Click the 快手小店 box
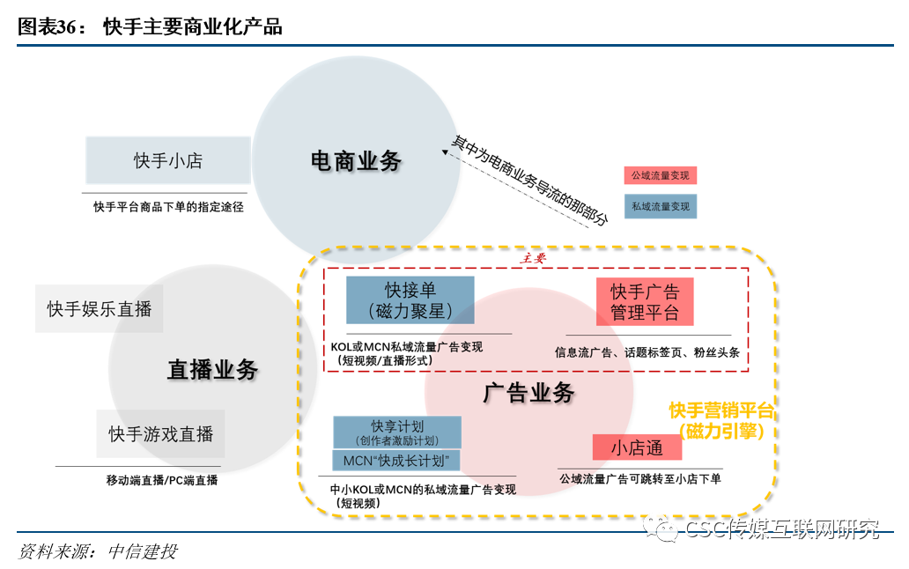pos(167,160)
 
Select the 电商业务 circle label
pos(356,160)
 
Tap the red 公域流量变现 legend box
pos(660,175)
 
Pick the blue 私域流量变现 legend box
pos(660,207)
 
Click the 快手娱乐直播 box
pos(100,308)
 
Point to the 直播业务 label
pos(212,369)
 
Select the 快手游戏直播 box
pos(160,433)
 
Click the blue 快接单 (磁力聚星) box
pos(410,300)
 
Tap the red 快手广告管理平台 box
pos(644,301)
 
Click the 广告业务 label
pos(528,393)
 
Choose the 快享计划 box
pos(397,432)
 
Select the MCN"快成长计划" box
pos(397,461)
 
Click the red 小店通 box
pos(637,447)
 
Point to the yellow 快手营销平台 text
pos(721,410)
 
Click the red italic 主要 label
pos(534,258)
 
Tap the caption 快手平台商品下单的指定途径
pos(168,207)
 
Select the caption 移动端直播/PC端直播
pos(161,480)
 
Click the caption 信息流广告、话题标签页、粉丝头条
pos(647,352)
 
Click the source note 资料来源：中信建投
pos(98,552)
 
